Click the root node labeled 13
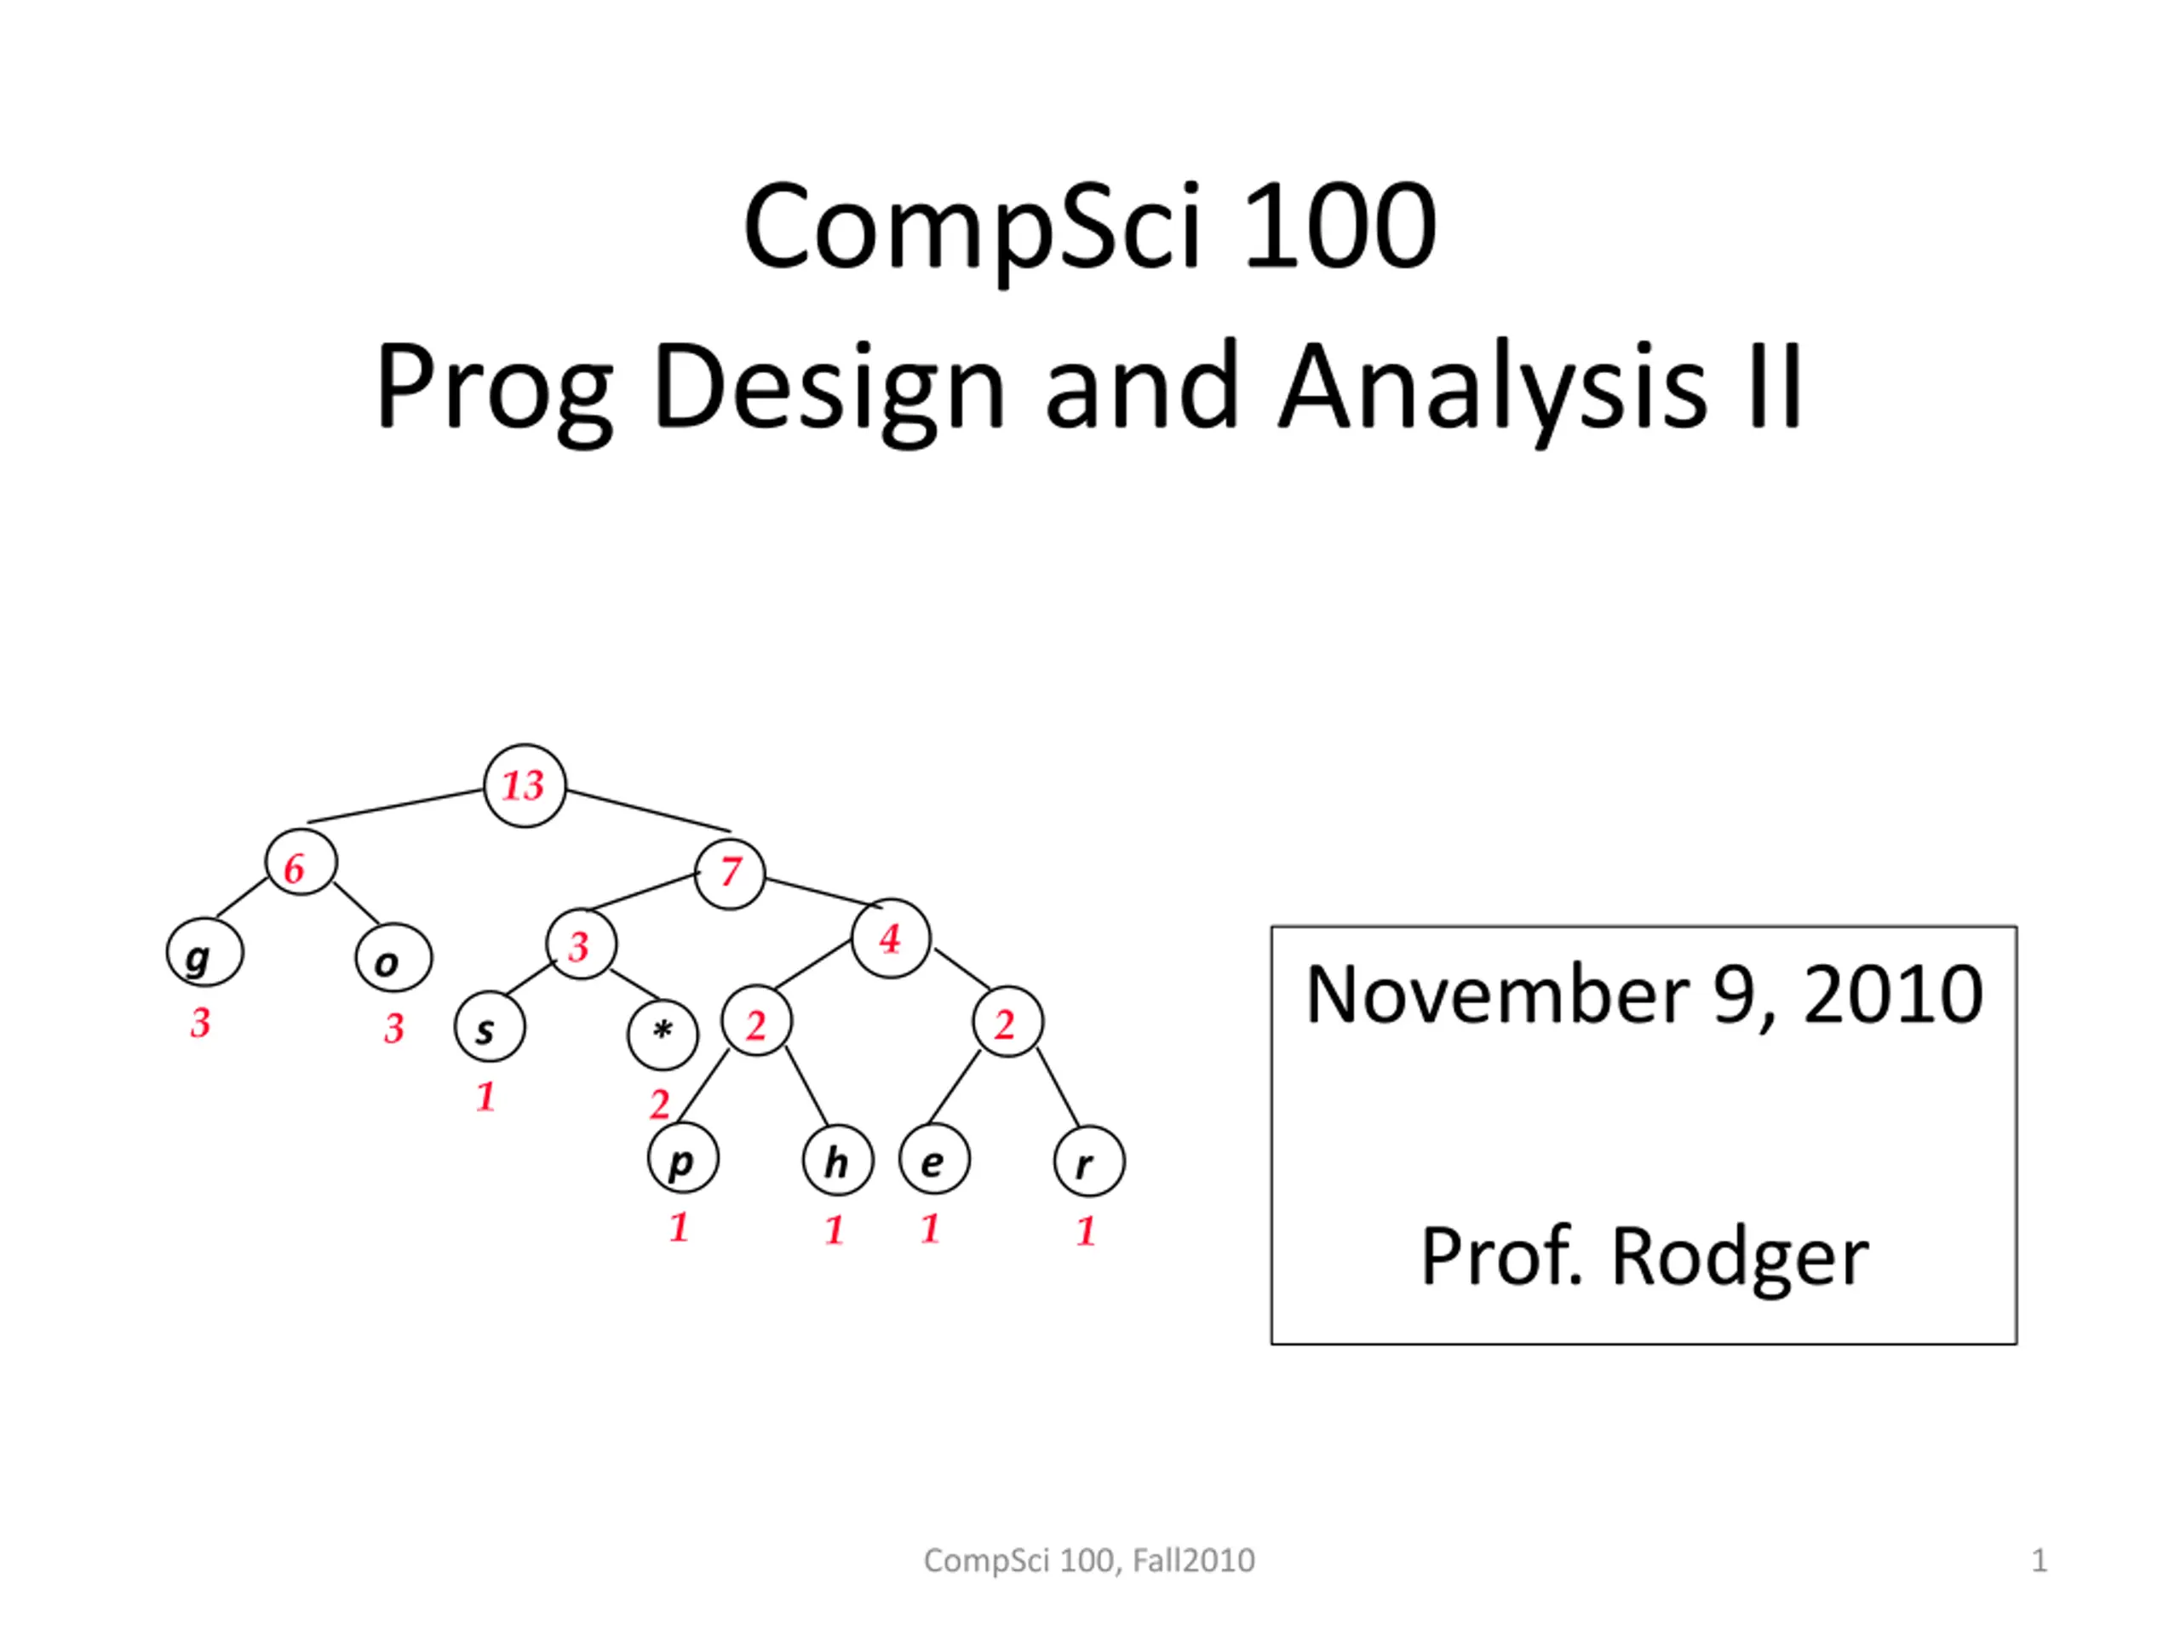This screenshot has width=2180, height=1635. pos(525,785)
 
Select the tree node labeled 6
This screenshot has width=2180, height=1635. pos(301,863)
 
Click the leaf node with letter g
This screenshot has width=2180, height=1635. pos(205,953)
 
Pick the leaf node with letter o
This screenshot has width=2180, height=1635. pos(394,958)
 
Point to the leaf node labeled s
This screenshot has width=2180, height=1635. pos(490,1027)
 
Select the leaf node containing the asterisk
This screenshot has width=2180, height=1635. pos(663,1035)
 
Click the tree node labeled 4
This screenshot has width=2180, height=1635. pos(891,938)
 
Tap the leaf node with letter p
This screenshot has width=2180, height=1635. pos(683,1158)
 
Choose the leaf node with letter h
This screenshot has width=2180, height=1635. pos(838,1160)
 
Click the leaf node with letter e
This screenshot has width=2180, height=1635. pos(934,1159)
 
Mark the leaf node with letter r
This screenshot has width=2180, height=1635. pos(1089,1161)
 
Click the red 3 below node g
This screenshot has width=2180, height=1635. pos(200,1023)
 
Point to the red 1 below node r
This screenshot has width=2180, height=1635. pos(1086,1231)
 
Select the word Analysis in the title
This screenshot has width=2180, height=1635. pos(1492,387)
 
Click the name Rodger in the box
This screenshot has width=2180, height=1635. pos(1740,1259)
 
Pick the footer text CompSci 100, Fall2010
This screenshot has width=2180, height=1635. pos(1089,1561)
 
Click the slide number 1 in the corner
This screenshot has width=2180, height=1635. pos(2040,1561)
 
